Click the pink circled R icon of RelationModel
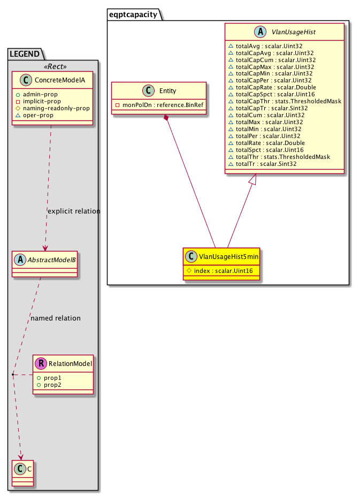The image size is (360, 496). coord(41,364)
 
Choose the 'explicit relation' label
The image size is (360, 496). coord(74,211)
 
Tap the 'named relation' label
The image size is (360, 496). coord(56,318)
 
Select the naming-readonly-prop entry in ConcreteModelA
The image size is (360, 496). coord(56,108)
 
